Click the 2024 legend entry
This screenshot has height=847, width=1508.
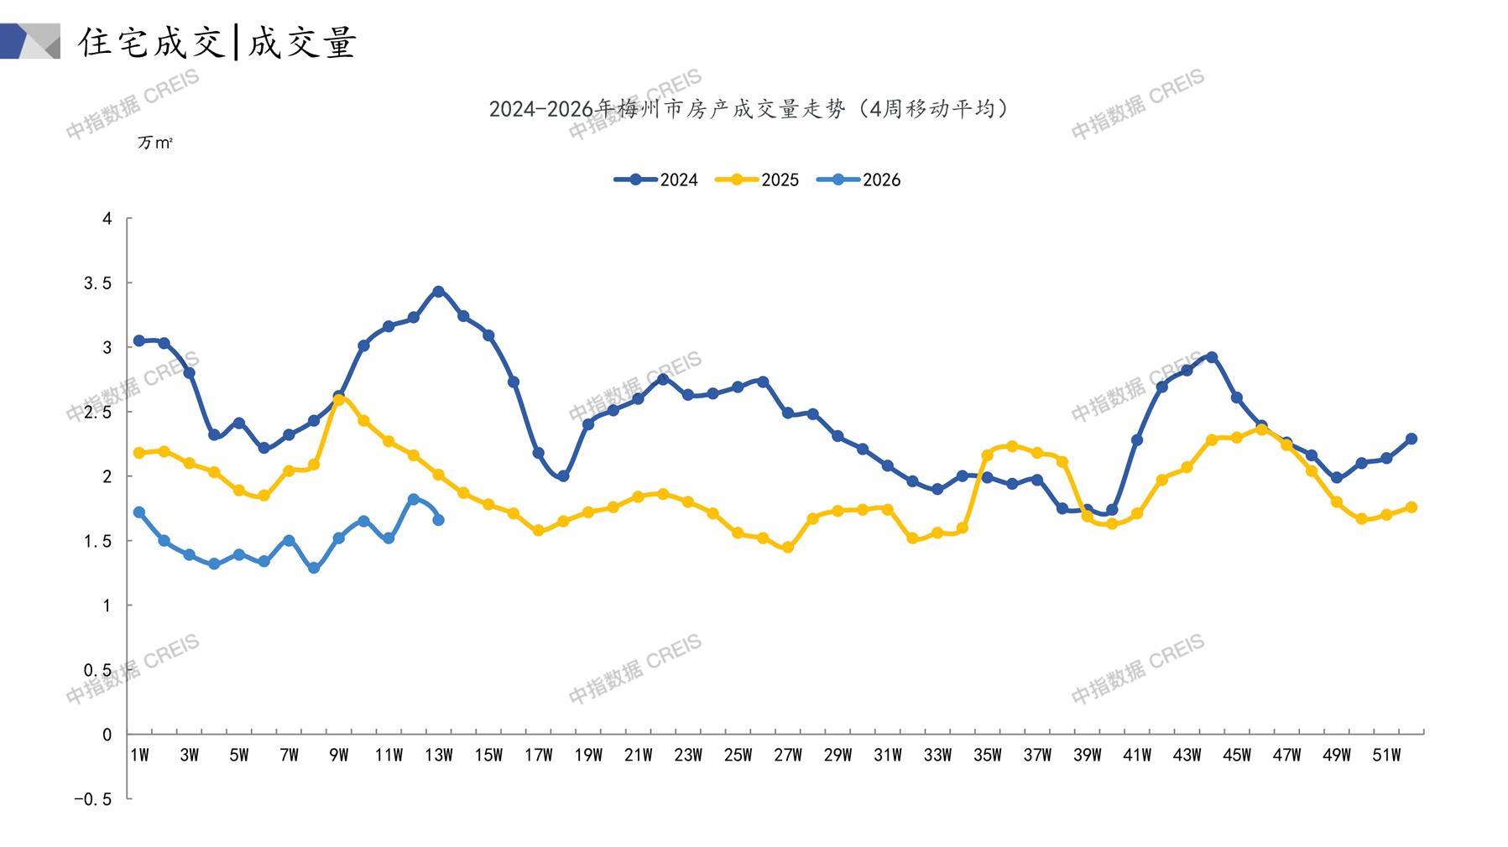[656, 179]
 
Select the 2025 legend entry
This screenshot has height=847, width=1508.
[757, 179]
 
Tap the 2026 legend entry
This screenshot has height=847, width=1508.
[858, 179]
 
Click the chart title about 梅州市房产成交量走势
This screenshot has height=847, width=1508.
[749, 109]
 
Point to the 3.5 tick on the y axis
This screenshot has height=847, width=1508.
[97, 283]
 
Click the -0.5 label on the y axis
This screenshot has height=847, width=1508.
[92, 799]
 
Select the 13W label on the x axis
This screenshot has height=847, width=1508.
[438, 756]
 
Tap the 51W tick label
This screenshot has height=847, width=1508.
[1385, 756]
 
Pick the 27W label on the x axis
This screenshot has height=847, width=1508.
[787, 756]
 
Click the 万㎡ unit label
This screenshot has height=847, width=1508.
[155, 143]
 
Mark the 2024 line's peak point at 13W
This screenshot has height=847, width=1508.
[438, 291]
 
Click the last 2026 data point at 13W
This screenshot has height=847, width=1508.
[438, 520]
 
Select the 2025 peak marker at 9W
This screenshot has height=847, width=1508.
[339, 400]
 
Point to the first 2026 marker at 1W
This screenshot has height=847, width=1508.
[139, 512]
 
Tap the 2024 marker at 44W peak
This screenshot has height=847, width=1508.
[1211, 357]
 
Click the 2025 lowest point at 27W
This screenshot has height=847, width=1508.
[787, 548]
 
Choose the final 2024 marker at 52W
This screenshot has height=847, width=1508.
[1411, 439]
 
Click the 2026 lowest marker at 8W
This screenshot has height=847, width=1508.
[314, 569]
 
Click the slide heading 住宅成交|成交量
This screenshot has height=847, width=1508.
[217, 42]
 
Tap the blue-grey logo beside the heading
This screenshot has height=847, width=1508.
[30, 41]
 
